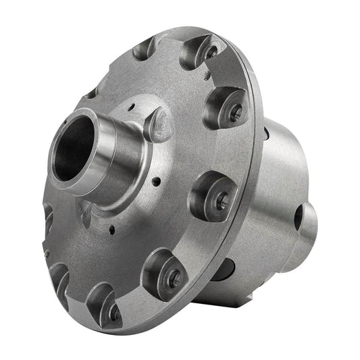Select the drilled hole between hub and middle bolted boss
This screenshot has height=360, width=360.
point(157,182)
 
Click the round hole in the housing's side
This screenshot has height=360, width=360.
point(299,215)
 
